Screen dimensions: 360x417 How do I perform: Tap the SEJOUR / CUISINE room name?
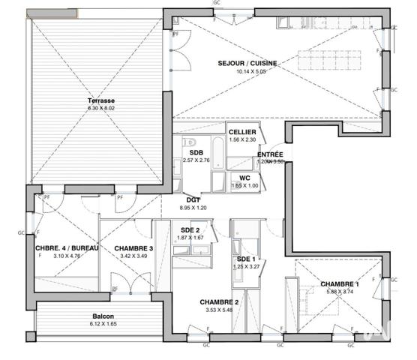(x=247, y=64)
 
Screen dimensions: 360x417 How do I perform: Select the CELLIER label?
(x=242, y=131)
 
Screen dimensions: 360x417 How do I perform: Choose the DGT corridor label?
(x=192, y=199)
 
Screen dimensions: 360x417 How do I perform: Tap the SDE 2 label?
(x=190, y=229)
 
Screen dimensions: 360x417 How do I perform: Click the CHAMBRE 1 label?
(x=340, y=283)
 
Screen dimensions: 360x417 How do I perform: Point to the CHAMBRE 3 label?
(x=134, y=248)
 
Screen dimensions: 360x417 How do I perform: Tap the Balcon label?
(x=103, y=316)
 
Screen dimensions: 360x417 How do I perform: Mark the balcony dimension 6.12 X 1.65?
(x=103, y=324)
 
